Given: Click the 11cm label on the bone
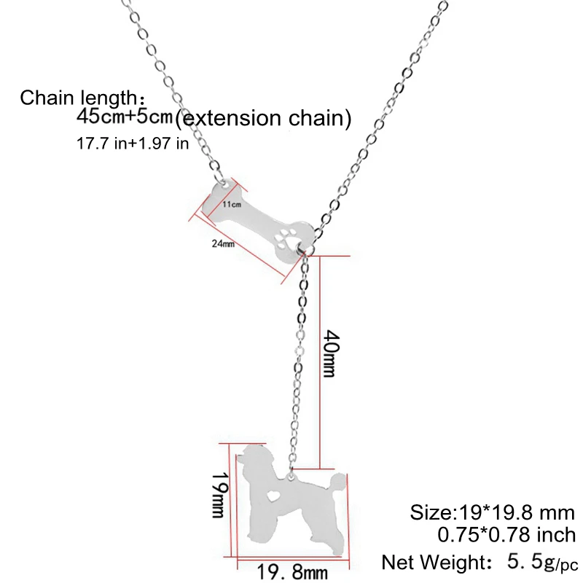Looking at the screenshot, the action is click(232, 205).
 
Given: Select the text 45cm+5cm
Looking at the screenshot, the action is click(125, 116).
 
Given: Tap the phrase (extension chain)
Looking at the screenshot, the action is click(264, 117).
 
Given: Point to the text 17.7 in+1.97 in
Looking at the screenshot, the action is click(133, 143).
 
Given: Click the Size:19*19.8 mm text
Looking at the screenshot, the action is click(493, 512).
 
